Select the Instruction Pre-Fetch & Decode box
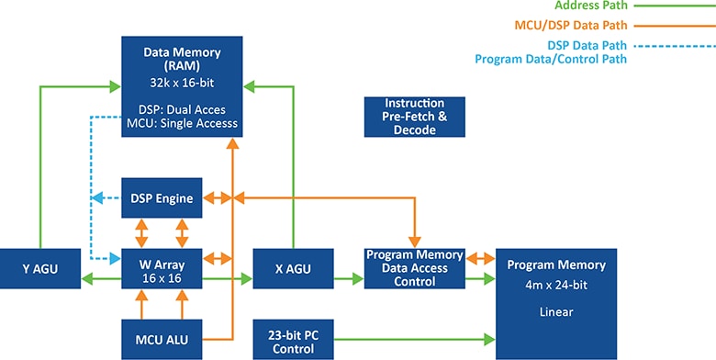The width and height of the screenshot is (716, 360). pos(414,117)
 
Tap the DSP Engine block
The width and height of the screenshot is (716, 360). pos(162,197)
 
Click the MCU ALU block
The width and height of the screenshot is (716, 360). pos(162,339)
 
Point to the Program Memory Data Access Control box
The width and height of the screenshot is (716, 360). pos(407,268)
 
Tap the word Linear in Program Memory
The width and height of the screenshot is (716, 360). pos(555,312)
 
